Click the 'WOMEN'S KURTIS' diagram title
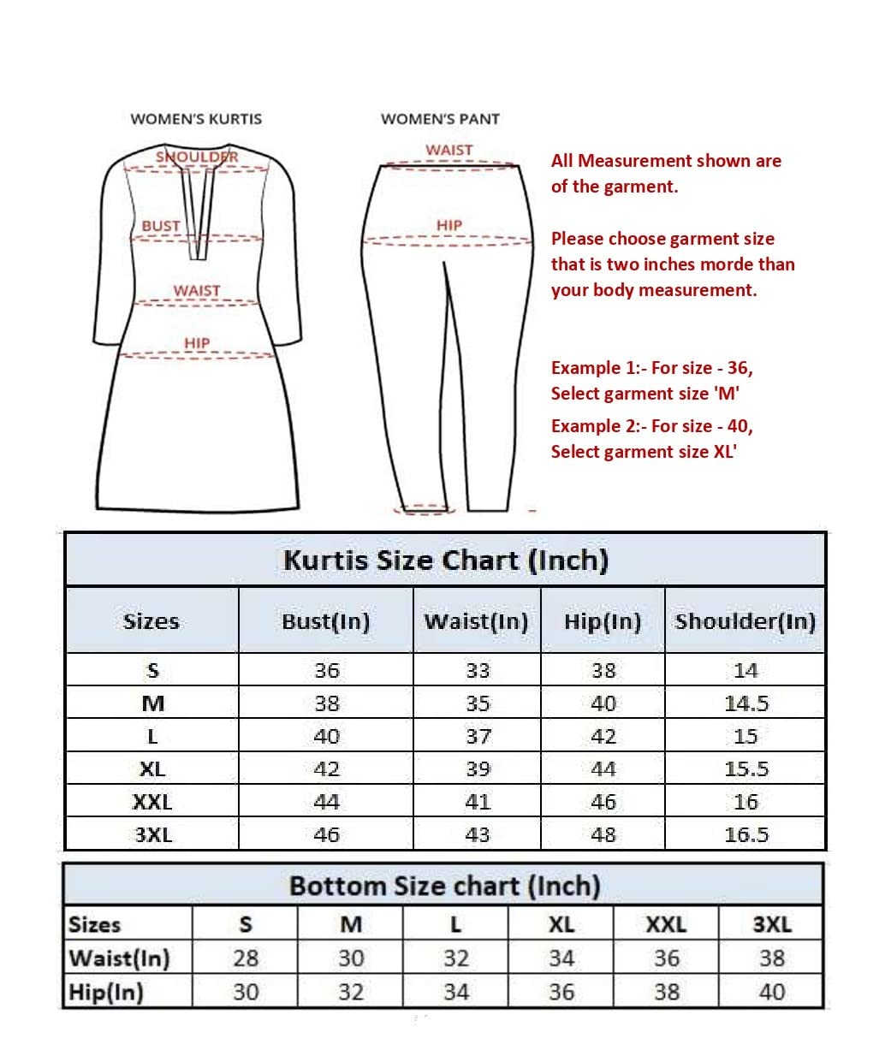196,119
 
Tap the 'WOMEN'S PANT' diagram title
440,119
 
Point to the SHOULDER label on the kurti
197,157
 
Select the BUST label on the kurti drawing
161,226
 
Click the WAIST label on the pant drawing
449,150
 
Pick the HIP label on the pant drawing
449,225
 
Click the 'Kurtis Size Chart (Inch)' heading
446,561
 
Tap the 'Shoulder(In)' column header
745,621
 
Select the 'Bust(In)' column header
326,621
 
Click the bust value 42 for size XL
326,769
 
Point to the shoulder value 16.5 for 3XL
746,834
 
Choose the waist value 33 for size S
478,671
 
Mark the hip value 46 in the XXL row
603,802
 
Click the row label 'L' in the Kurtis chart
152,737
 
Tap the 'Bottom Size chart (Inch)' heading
444,886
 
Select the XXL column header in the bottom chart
666,925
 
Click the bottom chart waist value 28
246,958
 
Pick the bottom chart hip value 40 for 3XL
772,993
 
